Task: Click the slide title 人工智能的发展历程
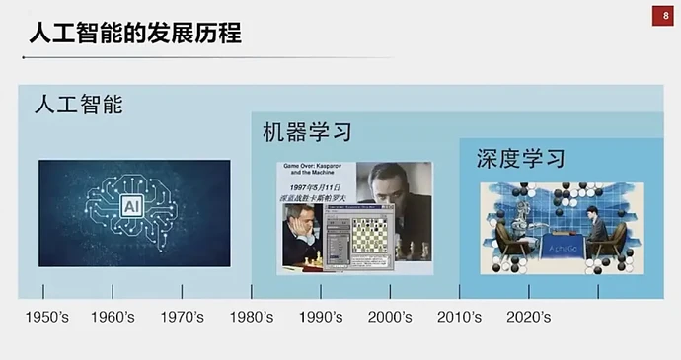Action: [134, 33]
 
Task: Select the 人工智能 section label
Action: [79, 104]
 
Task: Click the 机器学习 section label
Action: [307, 131]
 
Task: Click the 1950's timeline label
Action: [45, 317]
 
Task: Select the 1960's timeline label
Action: [113, 317]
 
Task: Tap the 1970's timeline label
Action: [182, 317]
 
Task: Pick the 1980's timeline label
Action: [252, 317]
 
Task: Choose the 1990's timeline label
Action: [321, 317]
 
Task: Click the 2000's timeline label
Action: [390, 317]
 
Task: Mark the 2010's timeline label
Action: [459, 317]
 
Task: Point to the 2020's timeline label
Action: [528, 317]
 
